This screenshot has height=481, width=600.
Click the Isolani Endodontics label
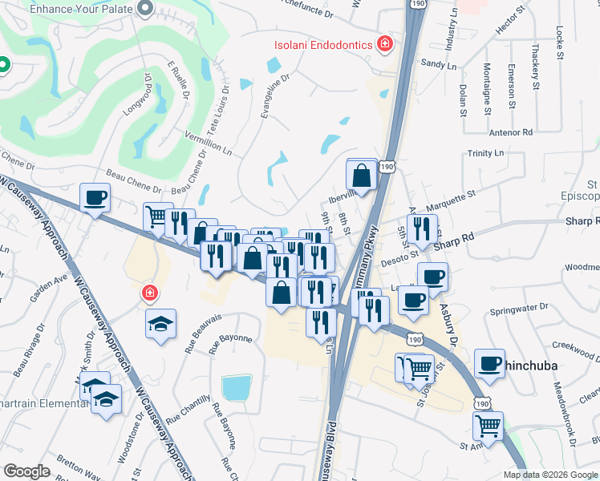[x=322, y=44]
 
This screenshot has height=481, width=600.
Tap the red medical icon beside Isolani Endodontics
[x=385, y=43]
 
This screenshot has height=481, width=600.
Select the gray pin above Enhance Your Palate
[x=145, y=9]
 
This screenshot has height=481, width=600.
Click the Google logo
[x=26, y=471]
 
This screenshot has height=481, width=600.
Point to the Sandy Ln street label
[x=437, y=63]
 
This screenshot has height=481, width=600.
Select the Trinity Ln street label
[x=486, y=152]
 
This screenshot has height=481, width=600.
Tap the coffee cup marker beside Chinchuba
[x=489, y=362]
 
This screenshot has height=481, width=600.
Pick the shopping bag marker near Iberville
[x=362, y=173]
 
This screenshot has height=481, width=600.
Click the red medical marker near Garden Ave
[x=148, y=293]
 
